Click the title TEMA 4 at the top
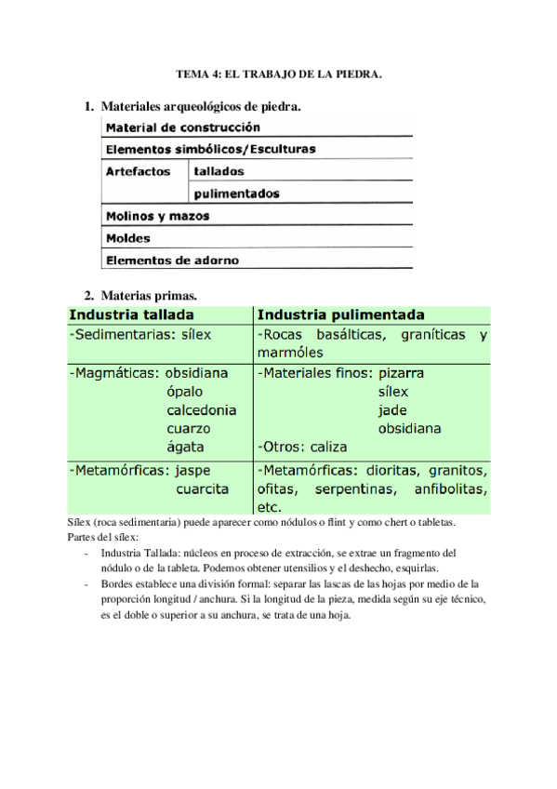click(279, 73)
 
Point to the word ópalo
click(186, 392)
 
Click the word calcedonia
click(201, 410)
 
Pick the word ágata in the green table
click(186, 447)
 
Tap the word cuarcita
click(202, 488)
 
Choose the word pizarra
click(401, 373)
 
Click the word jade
click(392, 410)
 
